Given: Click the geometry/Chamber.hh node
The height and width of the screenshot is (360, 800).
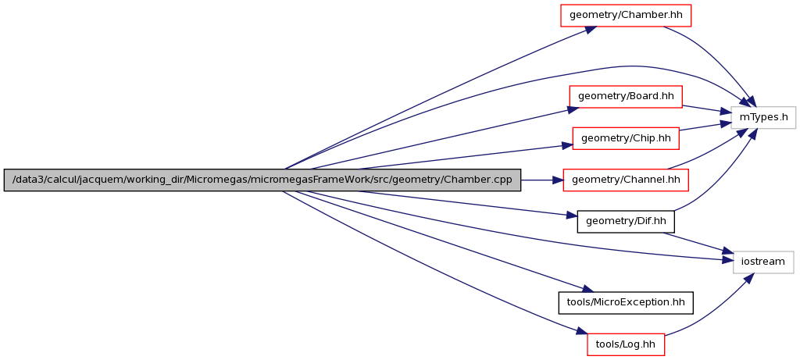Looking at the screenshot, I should pos(626,15).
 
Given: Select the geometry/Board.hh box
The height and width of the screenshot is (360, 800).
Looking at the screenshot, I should pos(626,96).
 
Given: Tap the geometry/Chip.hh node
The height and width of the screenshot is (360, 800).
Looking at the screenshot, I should pos(626,138).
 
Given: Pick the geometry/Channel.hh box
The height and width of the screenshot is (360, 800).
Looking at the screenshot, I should pos(626,180).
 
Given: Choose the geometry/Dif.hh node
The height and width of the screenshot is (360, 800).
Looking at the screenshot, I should pos(625,221).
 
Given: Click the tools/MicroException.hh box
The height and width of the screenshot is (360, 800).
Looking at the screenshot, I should pos(626,301).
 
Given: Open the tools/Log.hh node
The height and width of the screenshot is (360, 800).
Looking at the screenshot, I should pos(626,343).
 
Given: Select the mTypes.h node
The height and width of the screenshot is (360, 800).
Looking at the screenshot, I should pos(763,117).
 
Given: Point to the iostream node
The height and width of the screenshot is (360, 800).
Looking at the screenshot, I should pos(763,262).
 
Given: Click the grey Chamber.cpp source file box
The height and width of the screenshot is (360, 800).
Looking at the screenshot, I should pos(262,180).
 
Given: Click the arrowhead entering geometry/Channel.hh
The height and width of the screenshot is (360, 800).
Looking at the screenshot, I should pos(558,180).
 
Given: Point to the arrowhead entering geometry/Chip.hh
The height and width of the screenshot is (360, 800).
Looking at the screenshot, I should pos(568,145).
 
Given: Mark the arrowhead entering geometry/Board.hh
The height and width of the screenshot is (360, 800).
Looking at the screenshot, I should pos(573,109).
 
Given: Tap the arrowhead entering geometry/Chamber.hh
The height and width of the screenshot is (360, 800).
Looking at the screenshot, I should pos(591,29).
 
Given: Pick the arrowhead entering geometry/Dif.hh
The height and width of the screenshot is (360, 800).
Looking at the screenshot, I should pos(572,216).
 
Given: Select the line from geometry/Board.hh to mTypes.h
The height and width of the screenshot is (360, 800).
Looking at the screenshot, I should pos(706,109).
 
